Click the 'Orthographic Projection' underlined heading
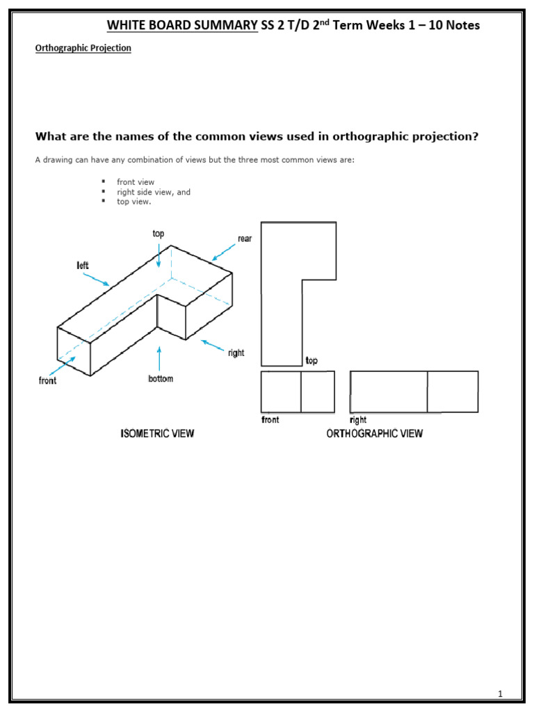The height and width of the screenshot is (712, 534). [83, 49]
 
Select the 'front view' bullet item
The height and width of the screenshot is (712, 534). [136, 182]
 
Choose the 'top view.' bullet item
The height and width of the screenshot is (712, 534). [133, 202]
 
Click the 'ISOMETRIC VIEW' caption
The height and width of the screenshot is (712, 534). [157, 434]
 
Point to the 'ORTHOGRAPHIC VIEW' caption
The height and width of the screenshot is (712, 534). [375, 434]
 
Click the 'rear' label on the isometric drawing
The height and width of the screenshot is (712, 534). [245, 238]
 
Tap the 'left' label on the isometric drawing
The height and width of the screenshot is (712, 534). [83, 265]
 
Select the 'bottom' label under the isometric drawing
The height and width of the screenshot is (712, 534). [160, 379]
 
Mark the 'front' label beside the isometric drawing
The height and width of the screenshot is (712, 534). [48, 381]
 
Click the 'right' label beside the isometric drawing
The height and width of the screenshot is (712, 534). [236, 353]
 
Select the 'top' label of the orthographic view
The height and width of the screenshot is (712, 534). [311, 361]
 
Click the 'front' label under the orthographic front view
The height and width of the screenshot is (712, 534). [270, 420]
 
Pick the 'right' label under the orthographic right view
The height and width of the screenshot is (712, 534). [358, 420]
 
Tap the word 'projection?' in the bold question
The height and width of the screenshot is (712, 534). [443, 136]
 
